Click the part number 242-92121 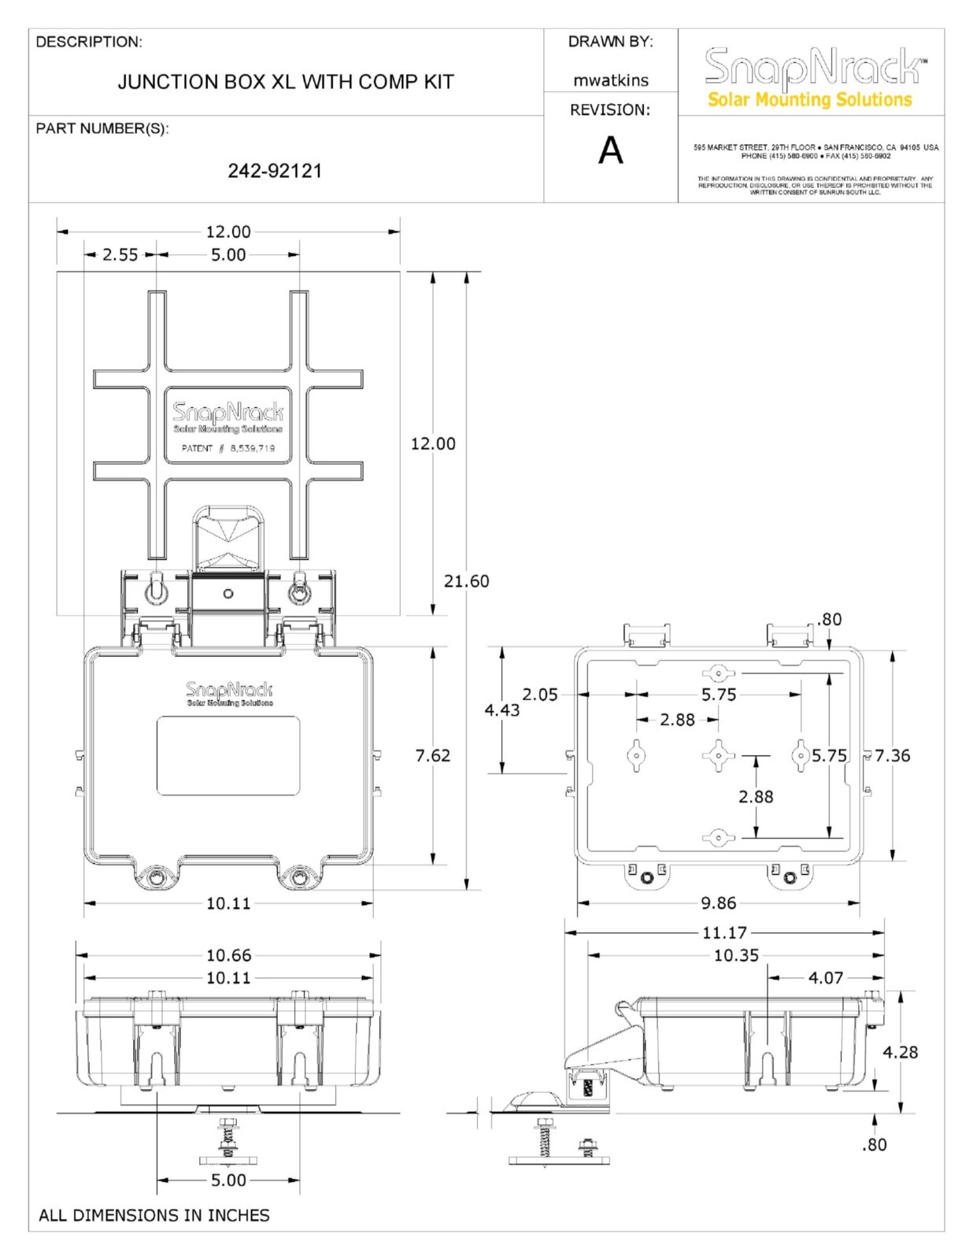click(x=275, y=171)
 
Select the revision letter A click(x=610, y=150)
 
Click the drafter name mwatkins click(x=610, y=80)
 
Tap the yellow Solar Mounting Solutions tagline click(x=809, y=100)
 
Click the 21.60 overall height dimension click(x=466, y=581)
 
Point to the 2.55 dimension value click(x=120, y=254)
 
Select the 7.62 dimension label click(x=433, y=756)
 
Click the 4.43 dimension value click(x=501, y=710)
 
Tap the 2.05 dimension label click(x=539, y=695)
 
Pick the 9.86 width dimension click(x=718, y=903)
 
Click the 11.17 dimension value click(x=724, y=933)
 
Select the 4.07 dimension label click(x=825, y=978)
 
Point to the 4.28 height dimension click(x=900, y=1052)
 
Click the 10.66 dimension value click(x=228, y=955)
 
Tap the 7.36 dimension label click(x=892, y=756)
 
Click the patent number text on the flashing click(x=228, y=448)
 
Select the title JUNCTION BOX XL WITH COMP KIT click(x=286, y=82)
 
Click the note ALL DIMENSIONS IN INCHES click(x=154, y=1215)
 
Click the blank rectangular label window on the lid click(x=228, y=755)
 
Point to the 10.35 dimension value click(x=736, y=955)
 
